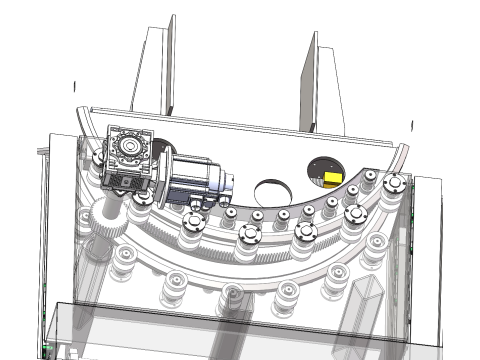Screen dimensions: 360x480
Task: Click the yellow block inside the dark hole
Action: coord(331,177)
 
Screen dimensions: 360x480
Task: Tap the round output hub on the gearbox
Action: coord(128,147)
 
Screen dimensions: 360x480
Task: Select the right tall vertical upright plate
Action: coord(325,80)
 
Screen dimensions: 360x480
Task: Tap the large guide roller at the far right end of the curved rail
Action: coord(395,185)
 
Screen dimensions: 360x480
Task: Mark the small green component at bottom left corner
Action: coord(46,349)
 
